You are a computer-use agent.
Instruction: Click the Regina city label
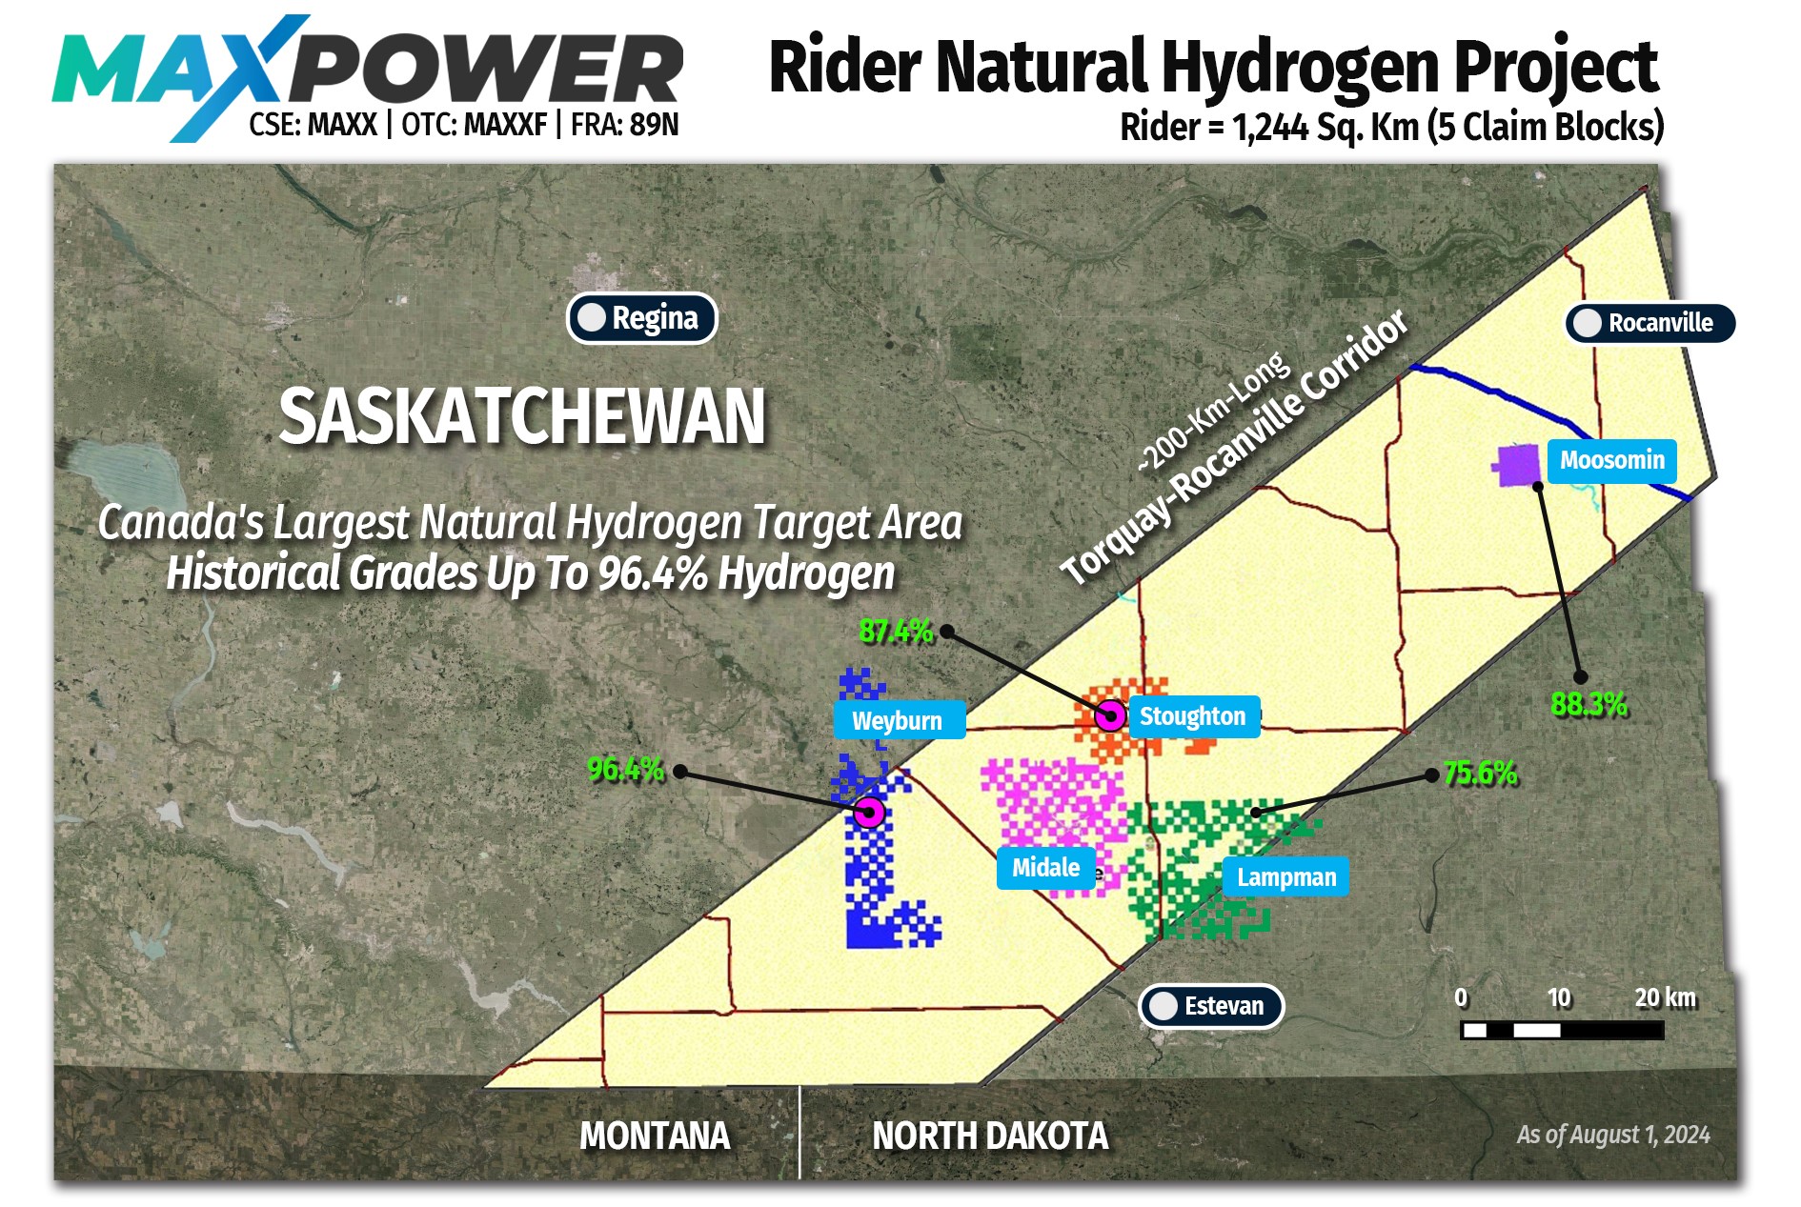pyautogui.click(x=641, y=318)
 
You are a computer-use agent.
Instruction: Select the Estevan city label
pyautogui.click(x=1211, y=1006)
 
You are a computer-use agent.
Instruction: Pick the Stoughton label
pyautogui.click(x=1192, y=716)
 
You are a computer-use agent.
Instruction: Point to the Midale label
pyautogui.click(x=1045, y=868)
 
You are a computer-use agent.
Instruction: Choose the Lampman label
pyautogui.click(x=1285, y=877)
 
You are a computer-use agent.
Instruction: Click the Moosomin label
pyautogui.click(x=1611, y=460)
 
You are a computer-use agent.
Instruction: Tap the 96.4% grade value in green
pyautogui.click(x=625, y=769)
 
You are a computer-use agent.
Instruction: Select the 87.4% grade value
pyautogui.click(x=896, y=631)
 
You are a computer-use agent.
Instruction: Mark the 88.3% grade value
pyautogui.click(x=1589, y=704)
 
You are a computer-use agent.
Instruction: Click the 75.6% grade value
pyautogui.click(x=1480, y=773)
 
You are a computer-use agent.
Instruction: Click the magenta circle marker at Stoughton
pyautogui.click(x=1110, y=714)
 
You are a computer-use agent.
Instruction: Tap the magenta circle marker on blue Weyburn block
pyautogui.click(x=868, y=813)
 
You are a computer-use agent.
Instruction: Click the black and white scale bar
pyautogui.click(x=1562, y=1030)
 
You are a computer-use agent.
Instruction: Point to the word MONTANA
pyautogui.click(x=655, y=1136)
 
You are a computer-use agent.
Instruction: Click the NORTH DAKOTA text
pyautogui.click(x=990, y=1136)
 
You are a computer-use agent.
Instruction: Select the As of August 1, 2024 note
pyautogui.click(x=1612, y=1135)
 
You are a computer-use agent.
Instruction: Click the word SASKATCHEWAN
pyautogui.click(x=522, y=416)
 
